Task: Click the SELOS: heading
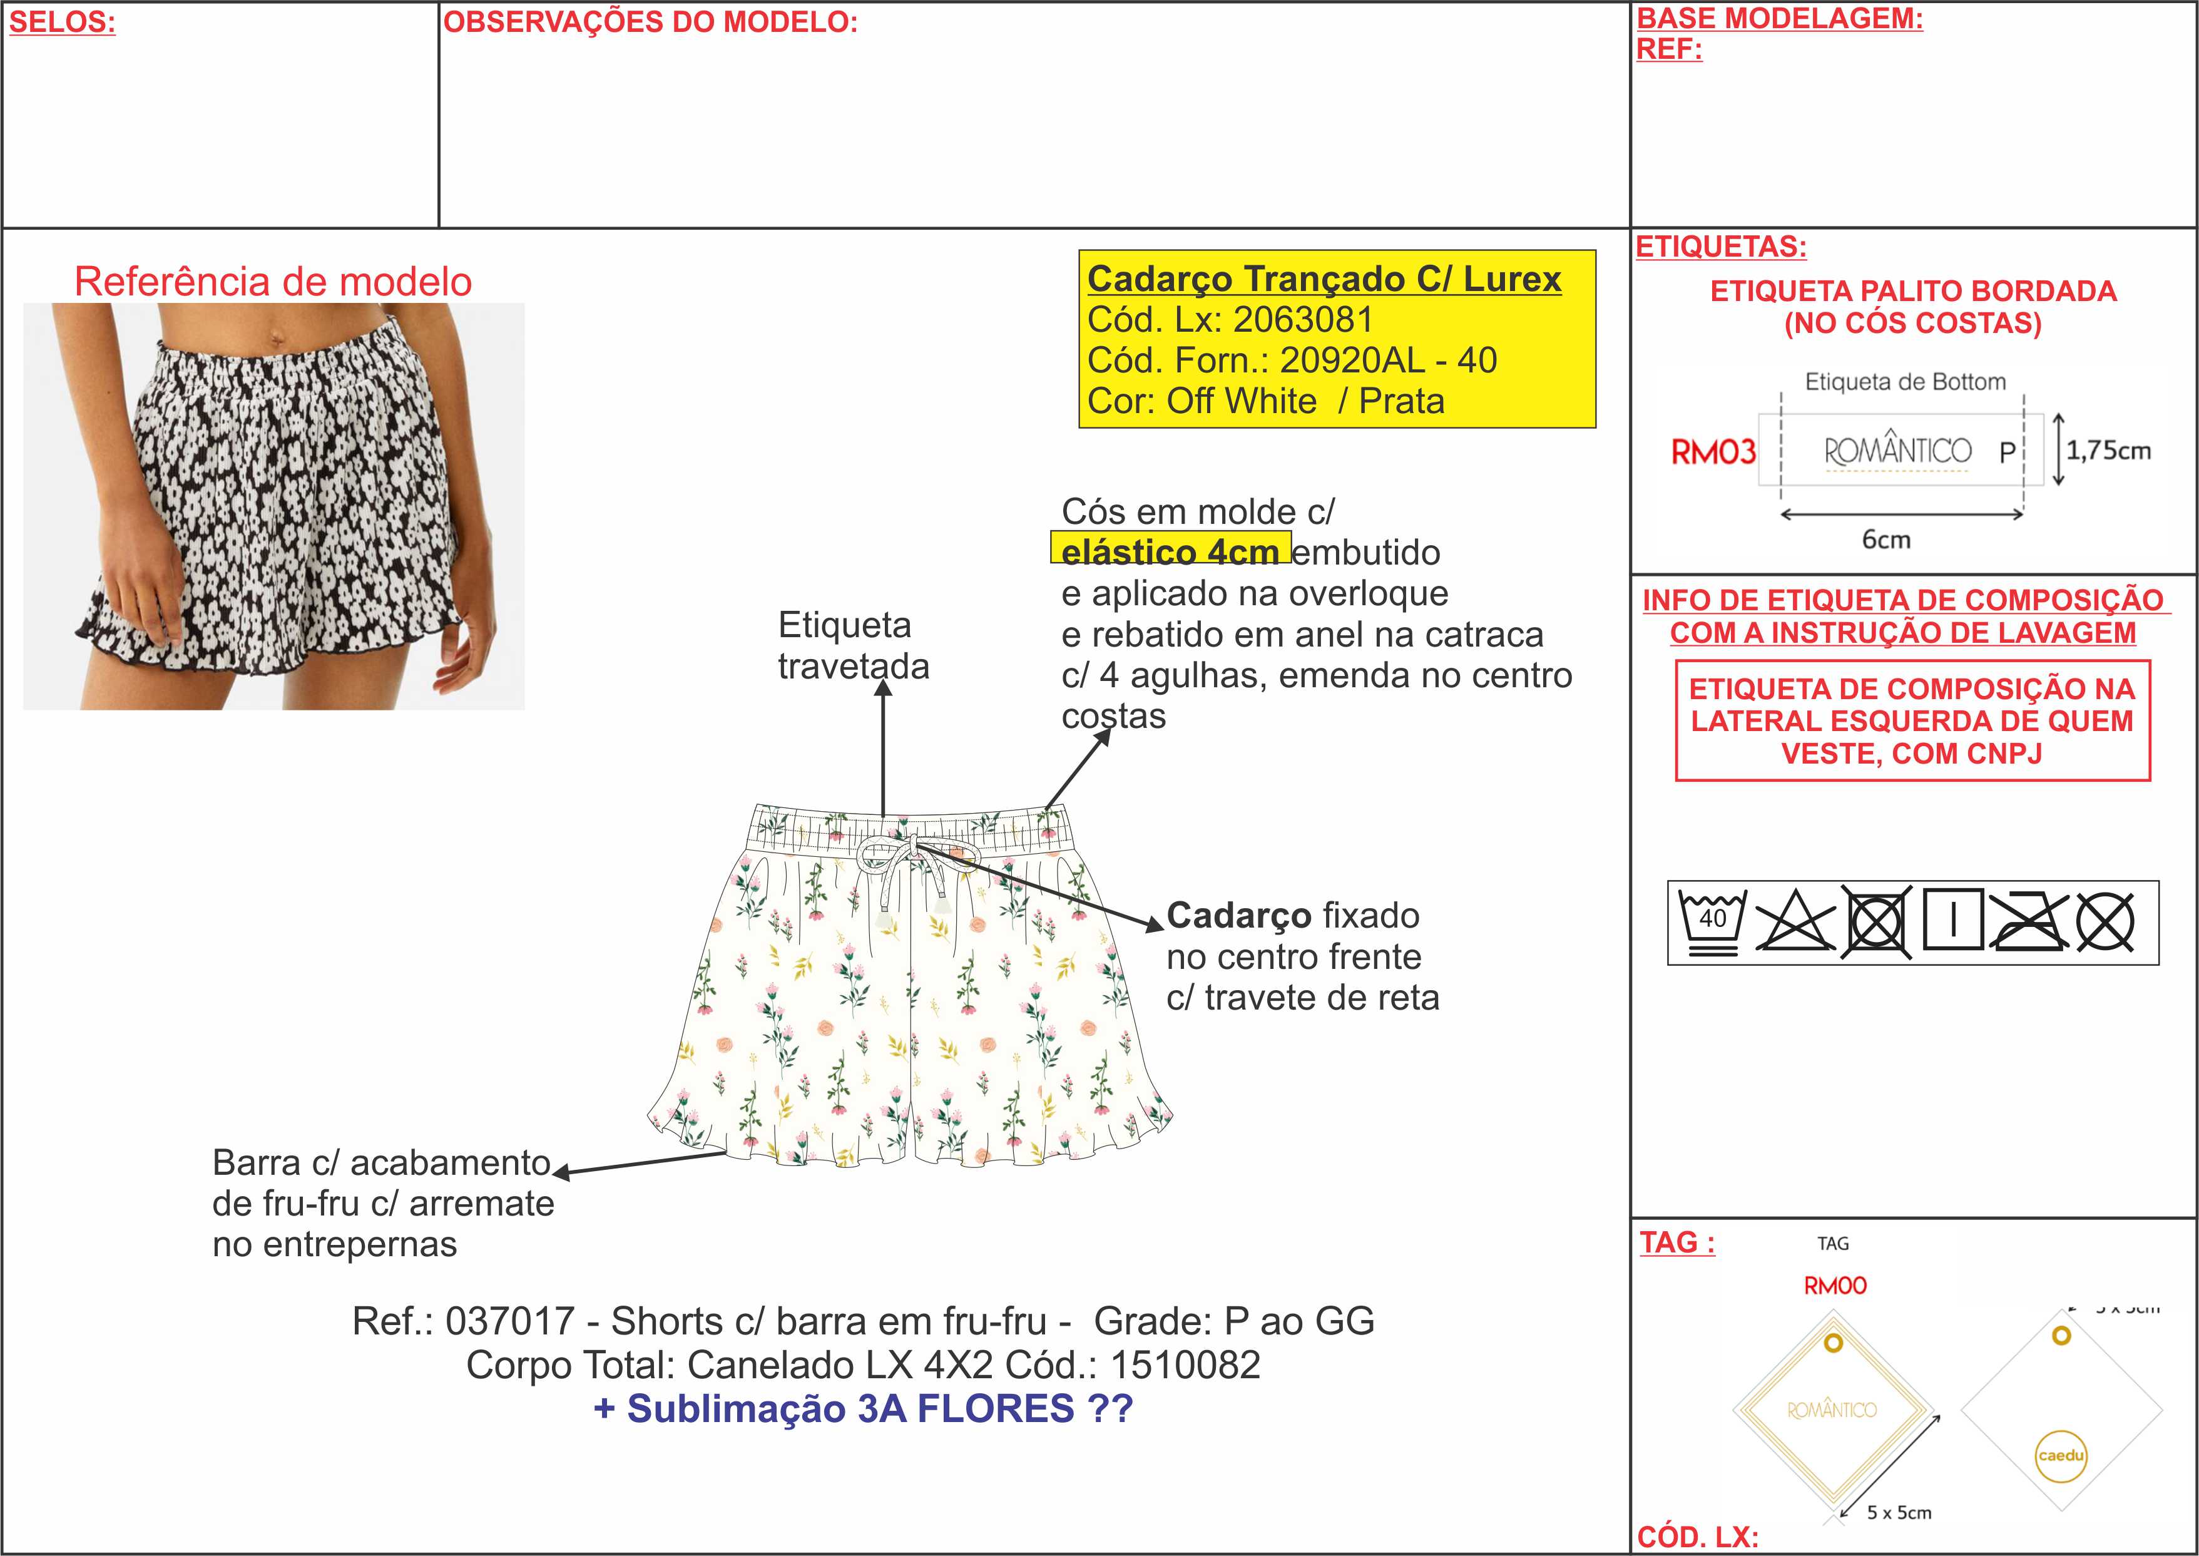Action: click(x=62, y=22)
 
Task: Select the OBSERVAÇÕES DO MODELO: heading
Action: click(x=650, y=22)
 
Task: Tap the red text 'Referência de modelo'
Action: click(x=273, y=282)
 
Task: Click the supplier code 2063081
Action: click(x=1302, y=319)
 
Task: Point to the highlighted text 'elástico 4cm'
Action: click(x=1170, y=552)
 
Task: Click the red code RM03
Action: click(x=1713, y=451)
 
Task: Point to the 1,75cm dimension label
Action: click(x=2108, y=449)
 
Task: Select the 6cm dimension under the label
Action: click(x=1886, y=540)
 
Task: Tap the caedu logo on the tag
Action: click(x=2061, y=1455)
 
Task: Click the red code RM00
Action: click(x=1835, y=1286)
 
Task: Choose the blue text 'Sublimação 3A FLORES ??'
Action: click(x=879, y=1408)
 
